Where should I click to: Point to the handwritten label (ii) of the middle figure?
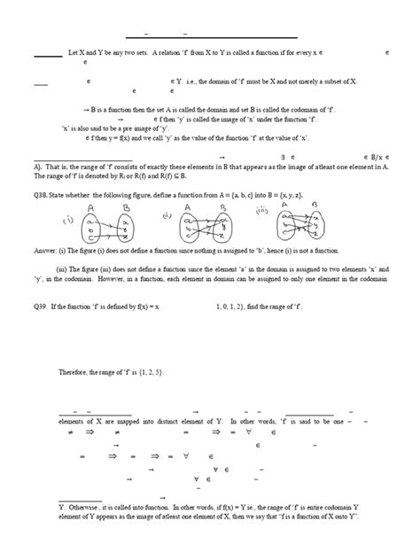(167, 215)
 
